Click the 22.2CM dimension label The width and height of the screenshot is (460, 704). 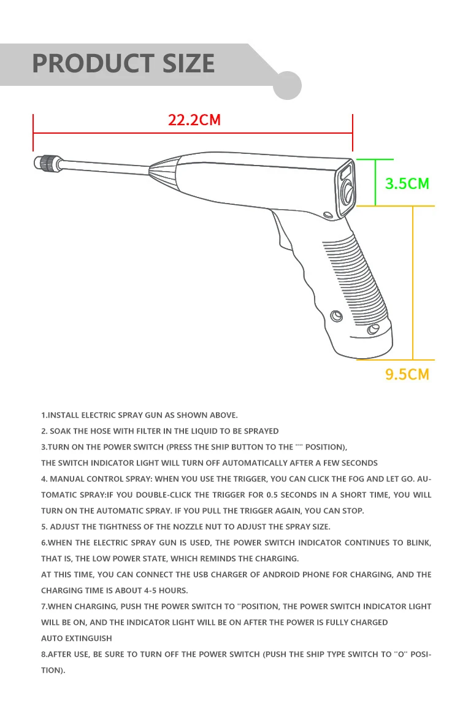tap(194, 119)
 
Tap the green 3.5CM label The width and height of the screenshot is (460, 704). tap(407, 183)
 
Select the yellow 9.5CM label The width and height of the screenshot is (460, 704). tap(407, 373)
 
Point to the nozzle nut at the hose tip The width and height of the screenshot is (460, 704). tap(44, 163)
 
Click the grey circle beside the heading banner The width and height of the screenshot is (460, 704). tap(286, 85)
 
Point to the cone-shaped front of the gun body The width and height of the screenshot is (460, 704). tap(164, 172)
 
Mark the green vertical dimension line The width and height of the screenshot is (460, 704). tap(375, 182)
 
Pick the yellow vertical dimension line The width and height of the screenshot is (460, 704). tap(413, 282)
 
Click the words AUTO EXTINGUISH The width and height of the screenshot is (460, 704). tap(76, 638)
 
